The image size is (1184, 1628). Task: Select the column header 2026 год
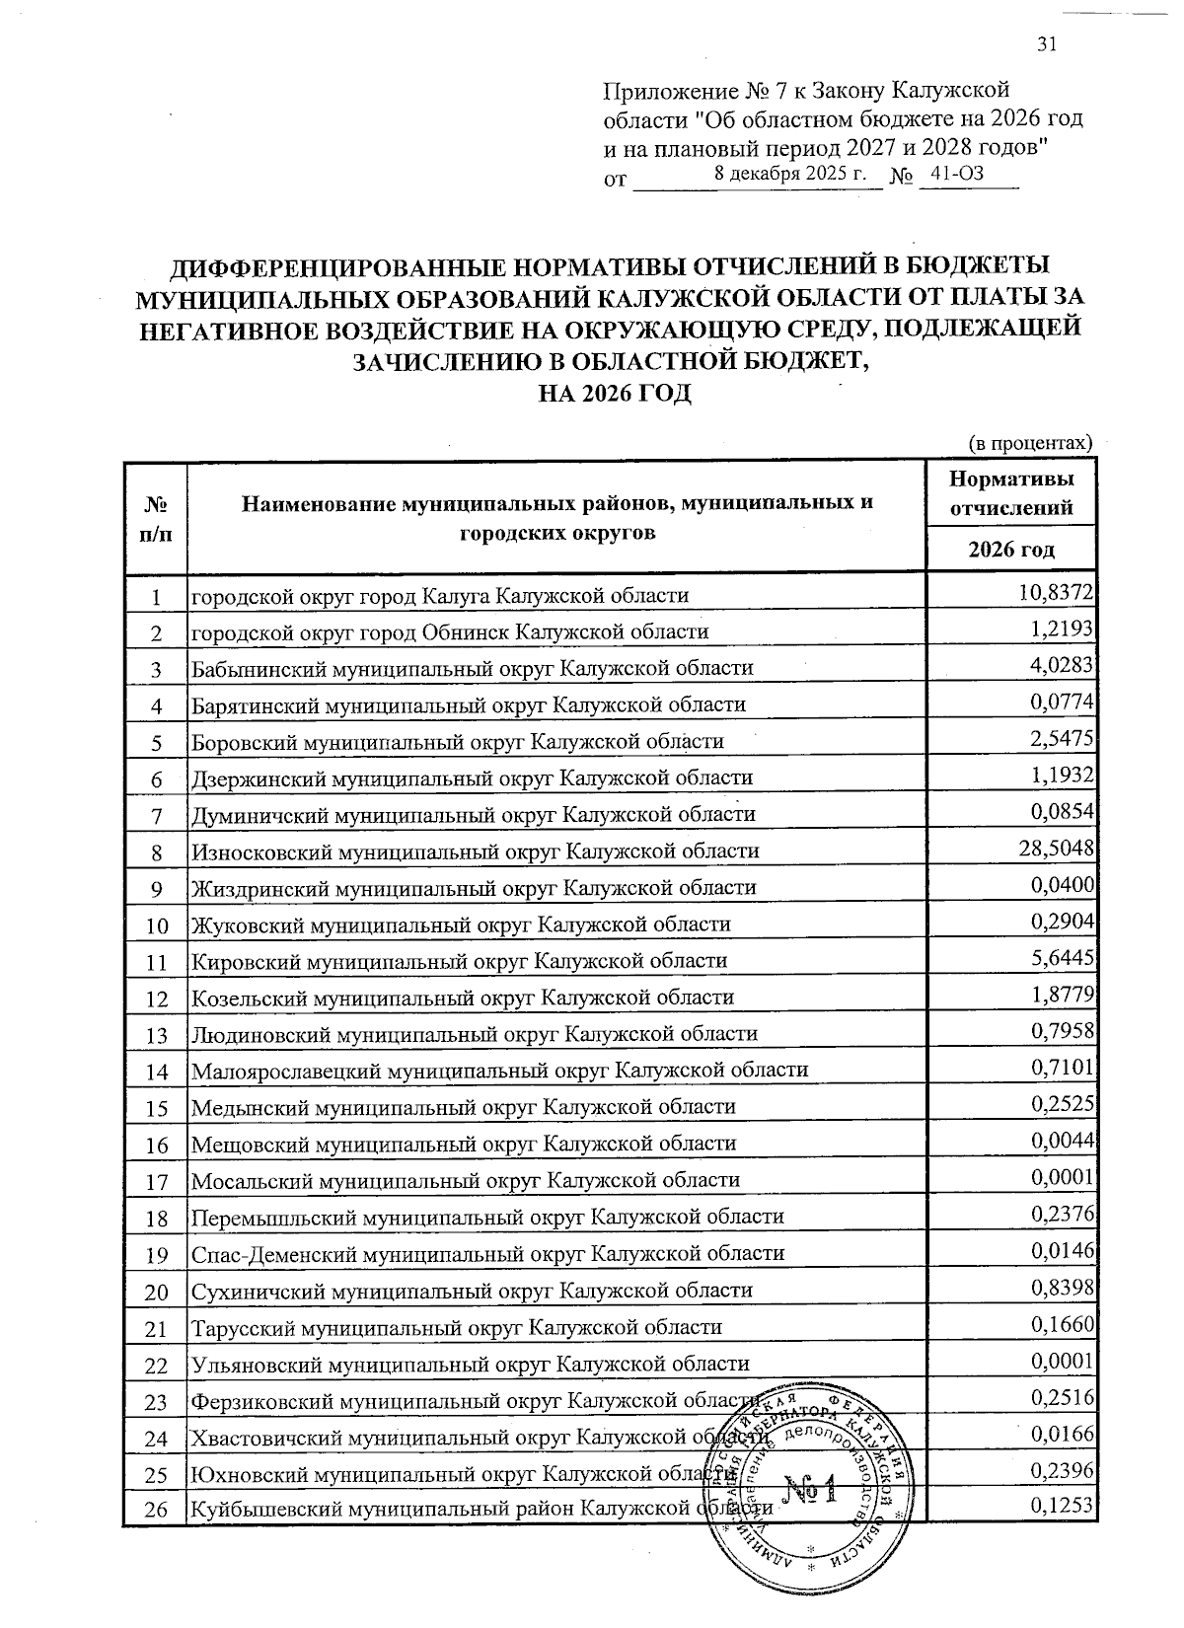point(1011,550)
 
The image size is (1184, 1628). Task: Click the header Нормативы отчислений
point(1011,493)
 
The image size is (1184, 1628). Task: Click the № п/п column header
point(154,519)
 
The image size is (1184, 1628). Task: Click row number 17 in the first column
point(156,1180)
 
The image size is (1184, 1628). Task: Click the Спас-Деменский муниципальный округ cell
point(487,1253)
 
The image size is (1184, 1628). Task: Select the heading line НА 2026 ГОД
point(614,393)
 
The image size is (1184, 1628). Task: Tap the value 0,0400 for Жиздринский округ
point(1062,884)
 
